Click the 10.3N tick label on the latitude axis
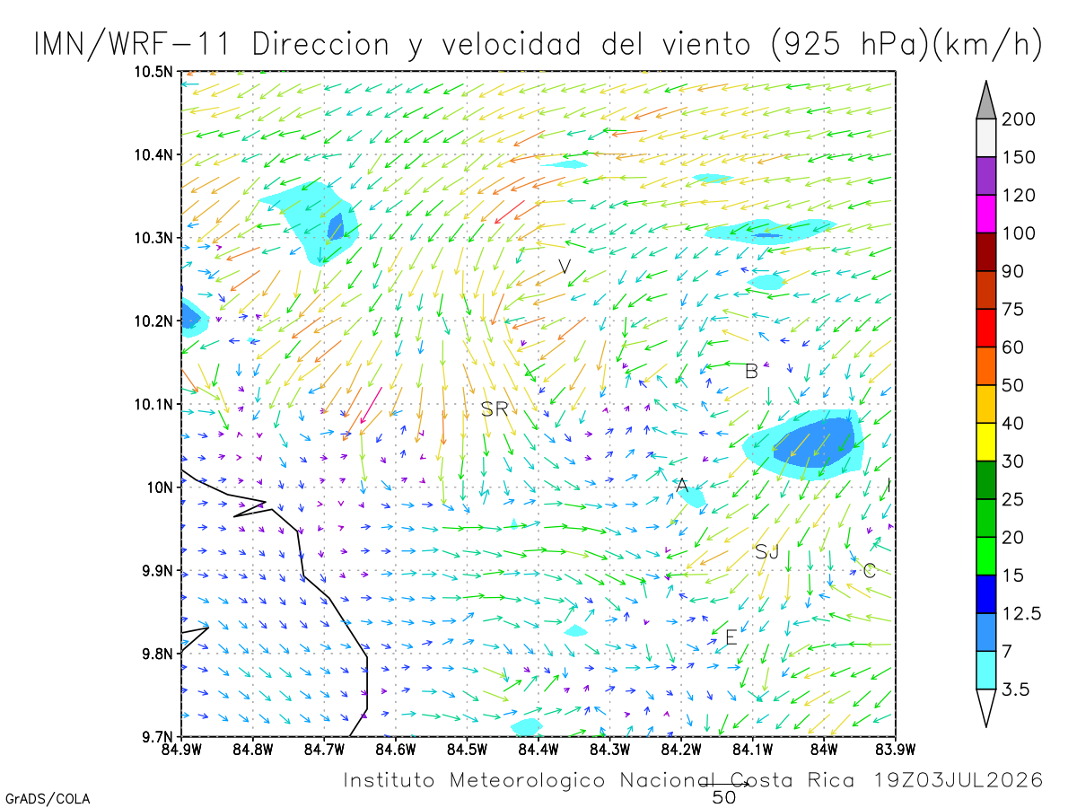(153, 239)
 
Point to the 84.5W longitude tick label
(467, 750)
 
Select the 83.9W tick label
(896, 750)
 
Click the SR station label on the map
(495, 408)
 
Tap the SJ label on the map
(766, 552)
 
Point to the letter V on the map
(565, 267)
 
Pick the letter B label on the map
(751, 371)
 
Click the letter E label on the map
(731, 637)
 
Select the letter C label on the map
(869, 570)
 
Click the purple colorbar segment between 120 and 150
(985, 176)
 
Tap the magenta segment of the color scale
(985, 214)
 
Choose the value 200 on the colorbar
(1018, 119)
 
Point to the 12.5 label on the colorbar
(1021, 613)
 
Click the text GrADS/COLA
(48, 799)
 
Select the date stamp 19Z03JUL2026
(959, 779)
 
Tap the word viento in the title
(706, 45)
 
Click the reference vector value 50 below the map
(723, 798)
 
